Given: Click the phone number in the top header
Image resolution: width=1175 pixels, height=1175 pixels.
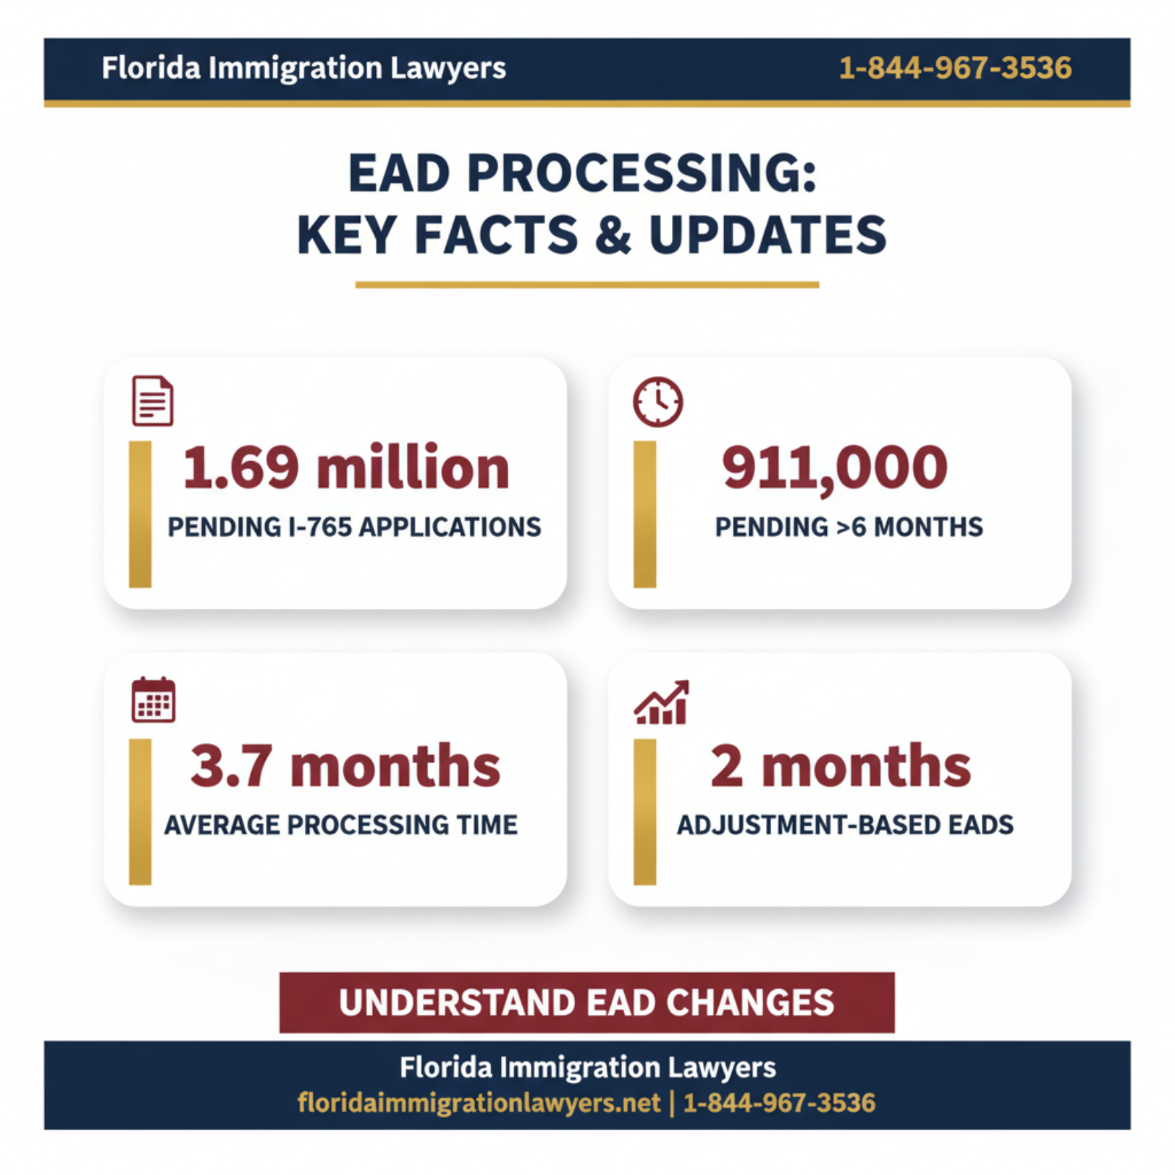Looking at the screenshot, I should pyautogui.click(x=955, y=68).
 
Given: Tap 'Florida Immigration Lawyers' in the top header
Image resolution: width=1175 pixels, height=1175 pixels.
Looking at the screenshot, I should pyautogui.click(x=303, y=68).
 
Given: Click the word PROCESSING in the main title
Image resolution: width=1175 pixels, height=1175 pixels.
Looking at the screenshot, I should pyautogui.click(x=641, y=174).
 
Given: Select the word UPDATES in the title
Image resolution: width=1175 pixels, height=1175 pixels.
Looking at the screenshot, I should pyautogui.click(x=767, y=236).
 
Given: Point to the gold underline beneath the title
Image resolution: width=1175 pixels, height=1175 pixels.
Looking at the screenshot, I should pyautogui.click(x=587, y=284).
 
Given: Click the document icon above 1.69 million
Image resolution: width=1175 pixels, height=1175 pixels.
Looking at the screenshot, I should pyautogui.click(x=153, y=401).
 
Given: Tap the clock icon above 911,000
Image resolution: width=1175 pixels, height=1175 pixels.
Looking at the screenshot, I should pyautogui.click(x=658, y=402).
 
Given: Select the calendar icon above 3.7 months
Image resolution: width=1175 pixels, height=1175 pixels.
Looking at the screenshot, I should pyautogui.click(x=153, y=700).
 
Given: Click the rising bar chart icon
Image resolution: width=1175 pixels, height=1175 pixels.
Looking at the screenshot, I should pyautogui.click(x=662, y=702).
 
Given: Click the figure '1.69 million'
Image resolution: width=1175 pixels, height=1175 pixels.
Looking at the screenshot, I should pyautogui.click(x=346, y=468).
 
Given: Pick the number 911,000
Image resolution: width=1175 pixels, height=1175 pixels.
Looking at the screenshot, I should pyautogui.click(x=835, y=468).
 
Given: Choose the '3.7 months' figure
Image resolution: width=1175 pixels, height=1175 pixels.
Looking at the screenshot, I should pyautogui.click(x=345, y=766).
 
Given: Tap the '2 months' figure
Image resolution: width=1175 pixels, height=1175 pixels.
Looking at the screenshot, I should pyautogui.click(x=841, y=766).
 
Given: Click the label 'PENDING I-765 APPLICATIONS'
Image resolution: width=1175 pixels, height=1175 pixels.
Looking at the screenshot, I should pyautogui.click(x=354, y=527).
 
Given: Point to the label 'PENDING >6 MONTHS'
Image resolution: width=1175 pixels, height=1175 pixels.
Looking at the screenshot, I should pyautogui.click(x=849, y=527).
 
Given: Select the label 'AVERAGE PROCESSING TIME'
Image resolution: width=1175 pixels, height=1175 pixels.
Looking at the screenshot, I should pyautogui.click(x=341, y=825).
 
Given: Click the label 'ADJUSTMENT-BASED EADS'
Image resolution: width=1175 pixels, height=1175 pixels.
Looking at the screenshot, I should pyautogui.click(x=845, y=825).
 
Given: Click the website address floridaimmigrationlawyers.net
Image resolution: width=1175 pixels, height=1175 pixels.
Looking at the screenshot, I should pyautogui.click(x=479, y=1103).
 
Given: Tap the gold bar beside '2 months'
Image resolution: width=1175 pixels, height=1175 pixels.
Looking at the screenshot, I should pyautogui.click(x=645, y=811).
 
